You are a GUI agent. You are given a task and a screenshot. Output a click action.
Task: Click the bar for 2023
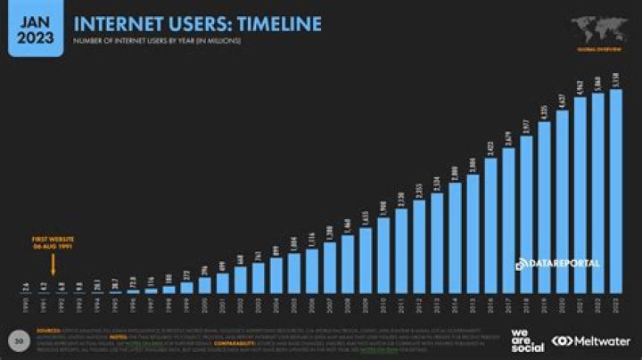[x=615, y=192]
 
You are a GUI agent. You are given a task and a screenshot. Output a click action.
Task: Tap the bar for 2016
[x=490, y=227]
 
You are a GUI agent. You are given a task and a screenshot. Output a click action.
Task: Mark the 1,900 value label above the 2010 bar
[x=383, y=208]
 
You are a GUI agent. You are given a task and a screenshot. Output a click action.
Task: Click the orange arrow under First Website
[x=53, y=265]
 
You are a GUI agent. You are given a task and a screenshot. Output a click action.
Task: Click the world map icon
[x=598, y=26]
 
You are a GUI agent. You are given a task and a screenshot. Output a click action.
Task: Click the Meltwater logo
[x=591, y=340]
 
